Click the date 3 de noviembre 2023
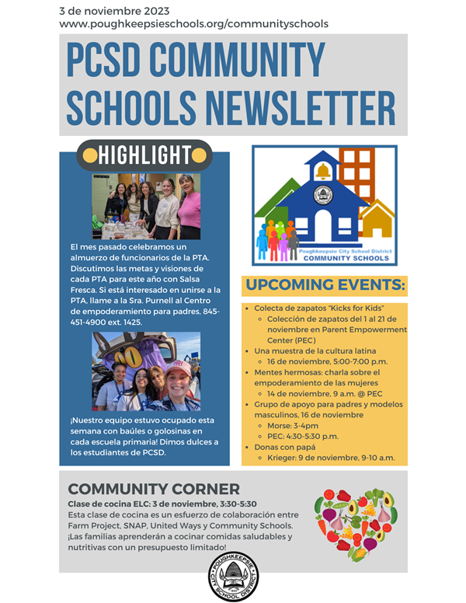(114, 10)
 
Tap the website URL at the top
(193, 24)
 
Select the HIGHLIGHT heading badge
(144, 155)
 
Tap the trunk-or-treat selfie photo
(145, 371)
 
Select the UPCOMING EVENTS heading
(325, 285)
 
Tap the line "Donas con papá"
(286, 448)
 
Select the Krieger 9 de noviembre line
(331, 458)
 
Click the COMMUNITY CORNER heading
(154, 489)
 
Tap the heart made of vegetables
(355, 524)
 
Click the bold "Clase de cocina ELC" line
(162, 504)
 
